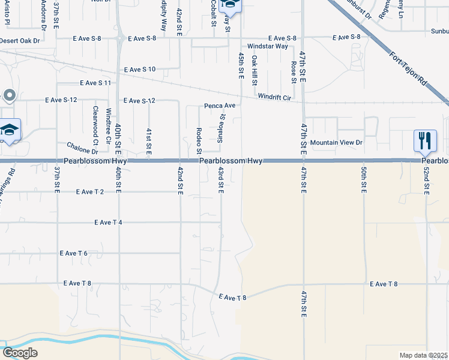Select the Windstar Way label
[268, 46]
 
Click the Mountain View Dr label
[337, 143]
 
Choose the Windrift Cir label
[274, 97]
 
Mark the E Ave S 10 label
[140, 70]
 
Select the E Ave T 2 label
[90, 192]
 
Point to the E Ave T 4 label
[108, 223]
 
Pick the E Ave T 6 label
[74, 253]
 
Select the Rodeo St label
[199, 139]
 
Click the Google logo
[20, 353]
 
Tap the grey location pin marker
[9, 95]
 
